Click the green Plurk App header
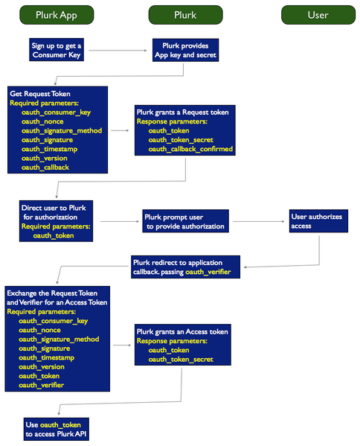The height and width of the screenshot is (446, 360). point(58,14)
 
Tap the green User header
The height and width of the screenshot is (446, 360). point(317,14)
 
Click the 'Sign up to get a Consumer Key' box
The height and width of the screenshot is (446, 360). point(57,50)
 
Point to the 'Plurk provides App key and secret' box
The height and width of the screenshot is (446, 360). point(185,50)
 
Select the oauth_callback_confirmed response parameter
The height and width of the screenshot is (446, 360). point(190,149)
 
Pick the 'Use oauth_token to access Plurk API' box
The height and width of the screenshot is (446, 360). point(57,429)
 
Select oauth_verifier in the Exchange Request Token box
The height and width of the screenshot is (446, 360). point(41,385)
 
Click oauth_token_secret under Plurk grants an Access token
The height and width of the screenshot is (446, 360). point(181,359)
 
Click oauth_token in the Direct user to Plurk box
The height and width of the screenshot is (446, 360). point(53,235)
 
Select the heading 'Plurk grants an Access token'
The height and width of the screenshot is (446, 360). point(182,330)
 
